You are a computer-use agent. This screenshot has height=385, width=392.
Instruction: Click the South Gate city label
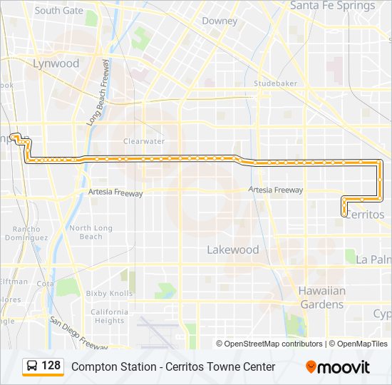point(58,11)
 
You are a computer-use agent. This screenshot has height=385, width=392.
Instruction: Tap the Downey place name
point(220,21)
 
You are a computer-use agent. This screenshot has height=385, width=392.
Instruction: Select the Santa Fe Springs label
point(332,6)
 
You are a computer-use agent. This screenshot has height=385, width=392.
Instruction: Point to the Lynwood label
point(56,63)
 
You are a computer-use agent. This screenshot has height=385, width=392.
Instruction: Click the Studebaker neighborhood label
point(275,83)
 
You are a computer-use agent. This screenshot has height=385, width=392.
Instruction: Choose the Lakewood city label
point(232,250)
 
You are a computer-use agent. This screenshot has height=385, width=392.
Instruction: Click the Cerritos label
point(364,214)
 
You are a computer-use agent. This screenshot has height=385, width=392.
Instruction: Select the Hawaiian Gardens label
point(321,297)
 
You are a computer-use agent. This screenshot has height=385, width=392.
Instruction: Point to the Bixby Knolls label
point(109,293)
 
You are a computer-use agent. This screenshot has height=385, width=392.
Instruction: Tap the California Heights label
point(109,317)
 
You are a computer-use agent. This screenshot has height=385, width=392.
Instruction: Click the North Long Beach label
point(91,232)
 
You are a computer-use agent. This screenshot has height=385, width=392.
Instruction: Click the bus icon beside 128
point(32,366)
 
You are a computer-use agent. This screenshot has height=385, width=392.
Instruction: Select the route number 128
point(51,366)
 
